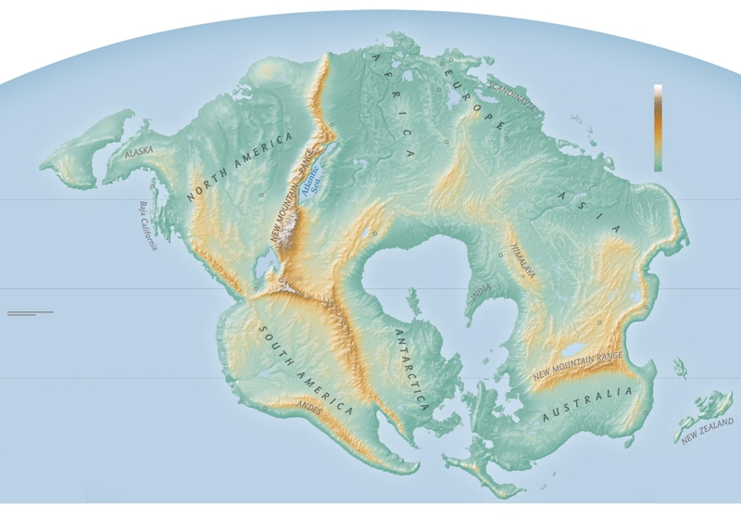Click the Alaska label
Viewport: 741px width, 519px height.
coord(139,150)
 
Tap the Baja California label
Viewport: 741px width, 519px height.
coord(147,225)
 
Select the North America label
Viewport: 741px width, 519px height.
coord(239,168)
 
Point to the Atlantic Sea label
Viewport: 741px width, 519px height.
coord(316,172)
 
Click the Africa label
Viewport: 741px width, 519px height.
coord(393,107)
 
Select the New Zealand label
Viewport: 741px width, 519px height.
coord(707,429)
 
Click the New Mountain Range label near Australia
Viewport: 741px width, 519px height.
coord(576,367)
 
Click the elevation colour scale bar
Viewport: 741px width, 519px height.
coord(658,127)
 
